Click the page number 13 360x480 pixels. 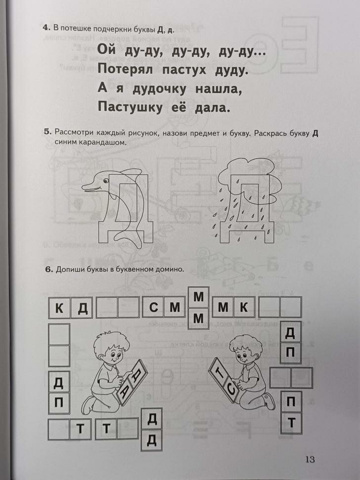(310, 458)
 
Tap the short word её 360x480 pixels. (181, 106)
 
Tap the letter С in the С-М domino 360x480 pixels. (153, 308)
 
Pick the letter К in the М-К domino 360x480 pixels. (243, 308)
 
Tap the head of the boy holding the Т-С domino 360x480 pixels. (244, 352)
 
